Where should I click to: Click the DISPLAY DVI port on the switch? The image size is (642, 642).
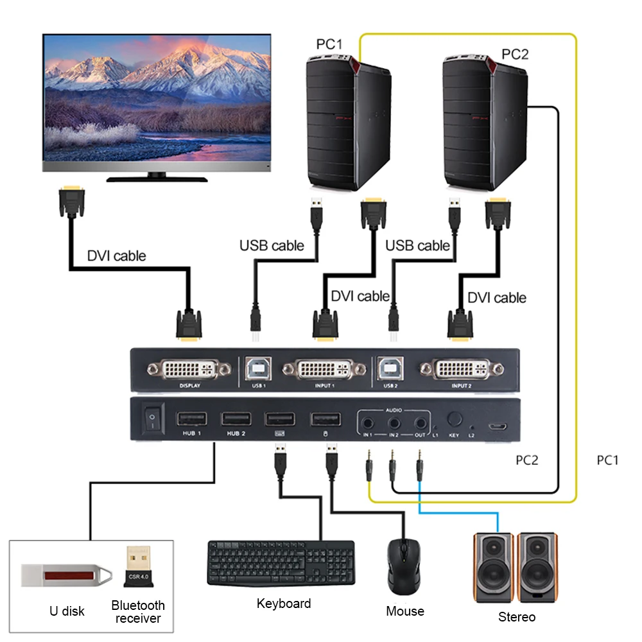click(189, 370)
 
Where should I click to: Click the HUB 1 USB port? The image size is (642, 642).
click(191, 419)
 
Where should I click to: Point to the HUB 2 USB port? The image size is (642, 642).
click(236, 419)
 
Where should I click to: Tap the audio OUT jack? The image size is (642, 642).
click(419, 423)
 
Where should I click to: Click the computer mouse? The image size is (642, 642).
click(404, 565)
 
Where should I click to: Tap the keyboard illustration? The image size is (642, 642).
click(281, 562)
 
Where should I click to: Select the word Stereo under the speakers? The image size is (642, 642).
click(516, 617)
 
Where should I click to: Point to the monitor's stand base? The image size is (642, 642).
click(157, 179)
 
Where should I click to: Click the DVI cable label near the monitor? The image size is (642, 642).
click(116, 256)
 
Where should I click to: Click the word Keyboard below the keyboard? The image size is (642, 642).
click(283, 603)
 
